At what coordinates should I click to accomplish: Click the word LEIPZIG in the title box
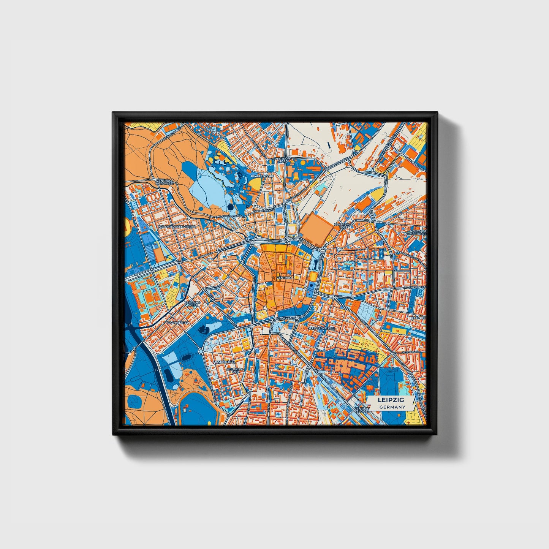[x=391, y=400]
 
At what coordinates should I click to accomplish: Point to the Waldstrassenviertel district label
[x=177, y=226]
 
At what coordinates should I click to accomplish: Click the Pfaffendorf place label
[x=262, y=176]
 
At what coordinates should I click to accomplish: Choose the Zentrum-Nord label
[x=282, y=160]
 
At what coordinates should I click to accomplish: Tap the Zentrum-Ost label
[x=342, y=226]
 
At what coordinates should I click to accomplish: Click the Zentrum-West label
[x=191, y=304]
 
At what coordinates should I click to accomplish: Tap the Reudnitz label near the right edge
[x=418, y=317]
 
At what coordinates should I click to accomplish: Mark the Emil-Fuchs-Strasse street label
[x=229, y=216]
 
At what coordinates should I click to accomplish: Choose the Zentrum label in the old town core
[x=285, y=278]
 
